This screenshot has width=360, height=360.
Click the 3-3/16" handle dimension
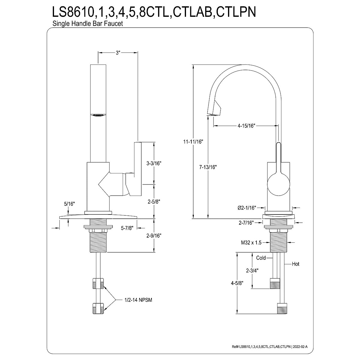point(154,163)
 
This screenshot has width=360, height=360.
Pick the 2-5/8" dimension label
point(154,202)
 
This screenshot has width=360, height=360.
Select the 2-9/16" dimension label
point(154,235)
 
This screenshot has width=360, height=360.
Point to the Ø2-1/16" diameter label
point(247,208)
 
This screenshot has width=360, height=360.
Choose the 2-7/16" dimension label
point(246,223)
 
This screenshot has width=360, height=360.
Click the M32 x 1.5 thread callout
point(251,243)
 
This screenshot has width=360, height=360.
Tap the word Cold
point(261,258)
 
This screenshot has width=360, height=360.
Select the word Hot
point(296,264)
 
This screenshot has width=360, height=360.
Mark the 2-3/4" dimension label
point(252,270)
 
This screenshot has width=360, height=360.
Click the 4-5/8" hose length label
point(237,283)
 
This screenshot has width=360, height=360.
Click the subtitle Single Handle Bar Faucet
point(88,24)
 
